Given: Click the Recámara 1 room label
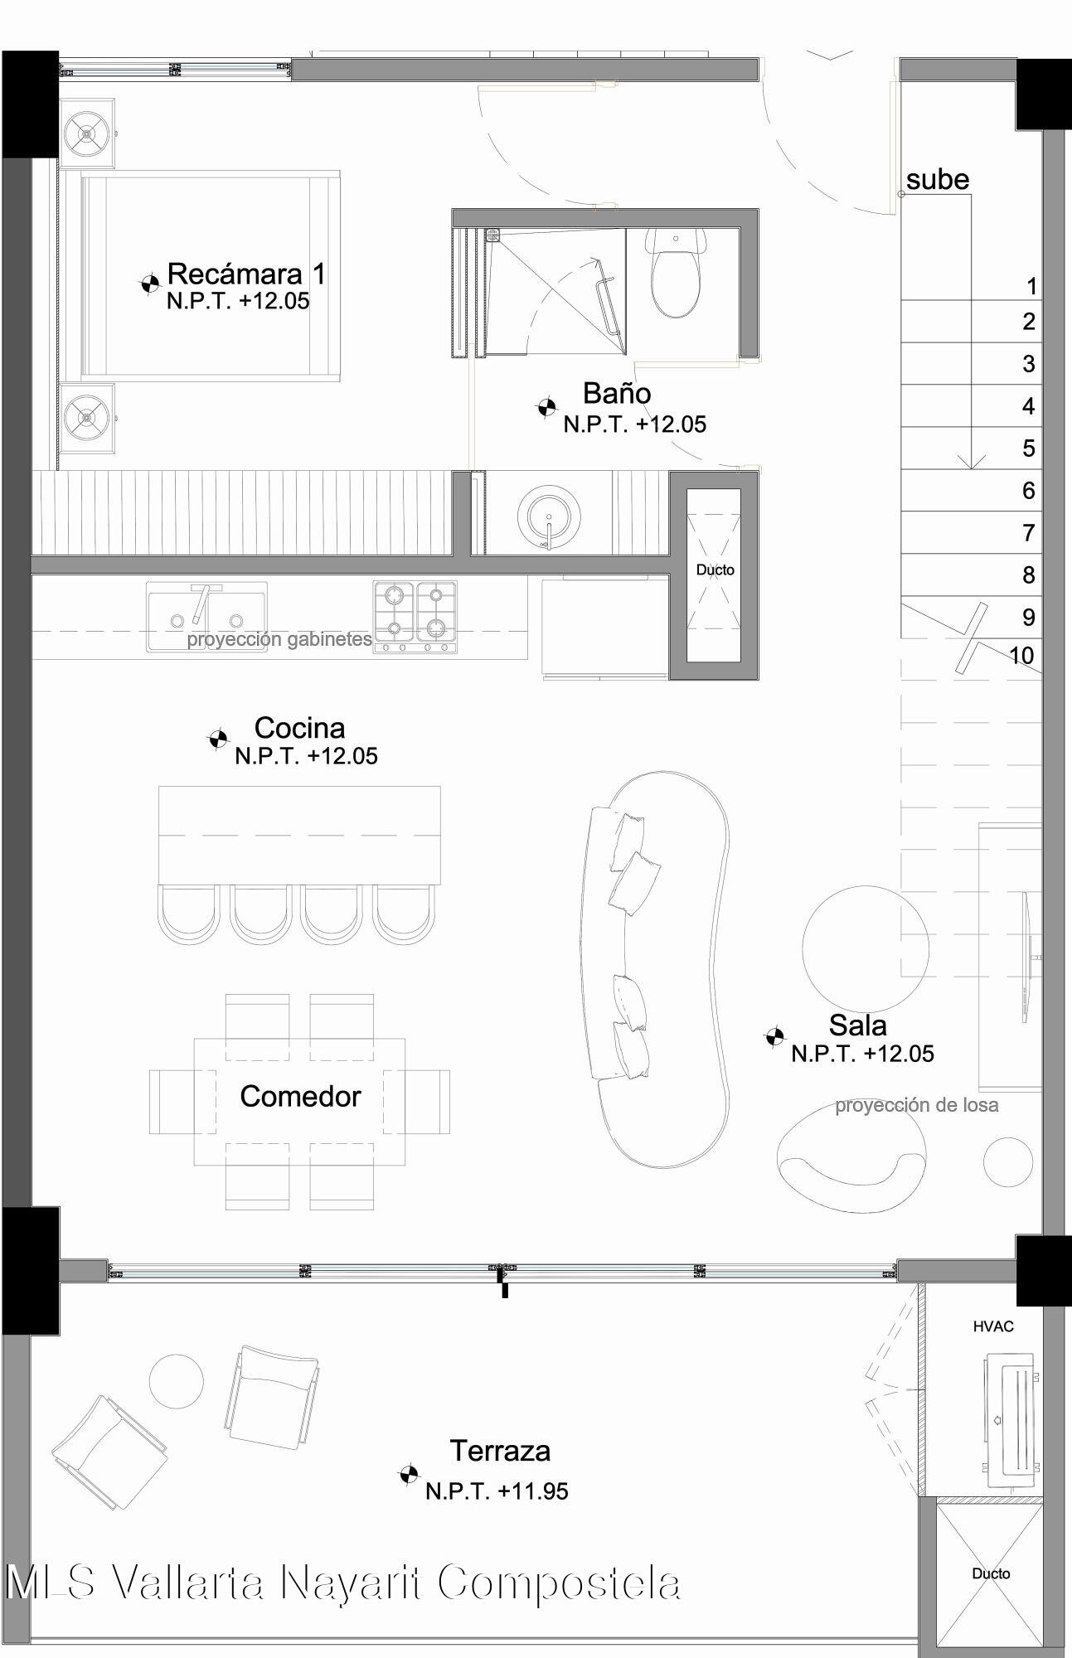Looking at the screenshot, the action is pyautogui.click(x=246, y=274).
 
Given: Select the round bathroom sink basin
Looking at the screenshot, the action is pyautogui.click(x=549, y=516).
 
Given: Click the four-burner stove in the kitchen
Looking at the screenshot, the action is pyautogui.click(x=415, y=617).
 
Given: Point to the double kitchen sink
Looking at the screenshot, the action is pyautogui.click(x=207, y=617).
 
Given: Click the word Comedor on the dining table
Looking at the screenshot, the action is pyautogui.click(x=300, y=1096).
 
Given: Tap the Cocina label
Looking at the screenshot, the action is pyautogui.click(x=299, y=727).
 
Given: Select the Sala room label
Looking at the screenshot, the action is pyautogui.click(x=857, y=1025).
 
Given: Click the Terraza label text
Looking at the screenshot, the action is pyautogui.click(x=500, y=1451).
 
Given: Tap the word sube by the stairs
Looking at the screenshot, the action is pyautogui.click(x=938, y=179).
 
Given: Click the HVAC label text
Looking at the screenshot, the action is pyautogui.click(x=993, y=1326).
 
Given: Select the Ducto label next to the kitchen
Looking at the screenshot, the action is pyautogui.click(x=715, y=570).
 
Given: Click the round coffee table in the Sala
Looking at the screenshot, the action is pyautogui.click(x=866, y=948).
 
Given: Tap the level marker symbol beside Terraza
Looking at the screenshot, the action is pyautogui.click(x=407, y=1474).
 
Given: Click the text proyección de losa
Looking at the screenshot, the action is pyautogui.click(x=916, y=1105).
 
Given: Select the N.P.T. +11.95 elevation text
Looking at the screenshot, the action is pyautogui.click(x=497, y=1491).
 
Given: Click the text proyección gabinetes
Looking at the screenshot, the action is pyautogui.click(x=279, y=639).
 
